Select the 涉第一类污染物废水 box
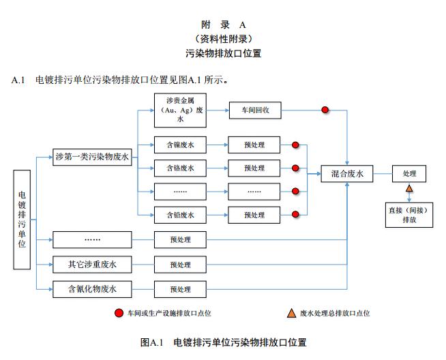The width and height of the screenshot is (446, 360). pyautogui.click(x=92, y=155)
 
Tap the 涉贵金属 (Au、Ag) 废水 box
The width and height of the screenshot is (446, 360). pyautogui.click(x=180, y=109)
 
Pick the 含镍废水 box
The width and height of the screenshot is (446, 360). pyautogui.click(x=180, y=145)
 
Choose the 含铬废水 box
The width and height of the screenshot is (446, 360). pyautogui.click(x=180, y=168)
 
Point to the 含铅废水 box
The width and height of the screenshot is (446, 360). pyautogui.click(x=180, y=215)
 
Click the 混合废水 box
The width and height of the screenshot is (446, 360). pyautogui.click(x=347, y=174)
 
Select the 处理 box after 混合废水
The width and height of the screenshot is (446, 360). pyautogui.click(x=409, y=174)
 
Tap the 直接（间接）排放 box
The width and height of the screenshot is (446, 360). pyautogui.click(x=409, y=215)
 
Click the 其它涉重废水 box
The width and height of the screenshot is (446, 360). pyautogui.click(x=92, y=264)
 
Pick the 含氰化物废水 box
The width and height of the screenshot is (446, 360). pyautogui.click(x=92, y=289)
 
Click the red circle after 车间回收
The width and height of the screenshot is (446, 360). pyautogui.click(x=325, y=109)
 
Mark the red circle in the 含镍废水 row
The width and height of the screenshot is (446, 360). pyautogui.click(x=295, y=145)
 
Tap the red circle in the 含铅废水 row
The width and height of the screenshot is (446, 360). pyautogui.click(x=295, y=215)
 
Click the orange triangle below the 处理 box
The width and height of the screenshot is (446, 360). pyautogui.click(x=409, y=188)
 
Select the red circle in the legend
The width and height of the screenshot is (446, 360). pyautogui.click(x=119, y=313)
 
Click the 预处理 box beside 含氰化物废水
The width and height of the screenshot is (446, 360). pyautogui.click(x=180, y=289)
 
